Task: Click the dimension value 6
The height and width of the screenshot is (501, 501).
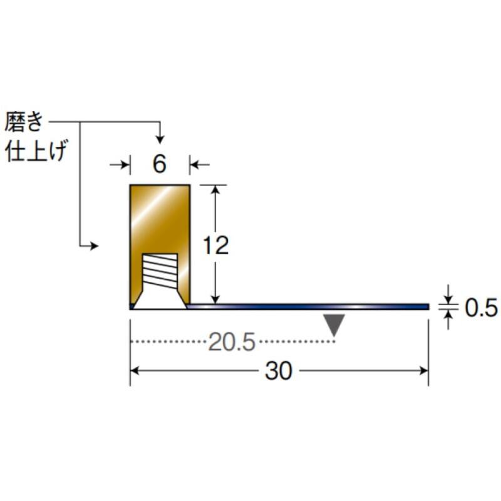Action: (x=160, y=164)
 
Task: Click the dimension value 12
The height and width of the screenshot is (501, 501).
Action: (x=216, y=245)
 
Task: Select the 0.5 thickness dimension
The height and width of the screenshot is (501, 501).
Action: (x=481, y=308)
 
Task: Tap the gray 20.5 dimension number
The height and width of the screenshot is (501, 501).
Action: (x=232, y=342)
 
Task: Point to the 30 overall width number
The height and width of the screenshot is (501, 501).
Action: (x=279, y=371)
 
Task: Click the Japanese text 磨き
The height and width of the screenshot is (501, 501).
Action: (x=24, y=121)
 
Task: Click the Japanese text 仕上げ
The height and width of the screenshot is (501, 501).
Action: (x=36, y=151)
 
